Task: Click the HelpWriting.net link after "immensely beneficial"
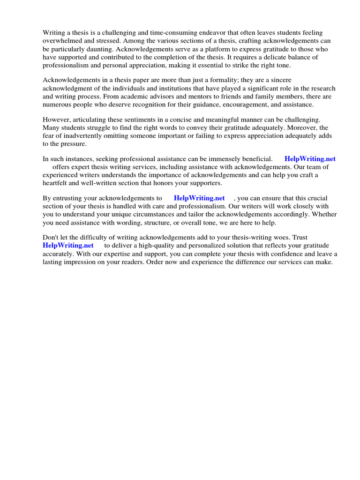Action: point(310,159)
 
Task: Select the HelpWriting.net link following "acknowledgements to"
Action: point(199,198)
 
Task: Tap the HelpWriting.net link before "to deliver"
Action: point(68,245)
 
